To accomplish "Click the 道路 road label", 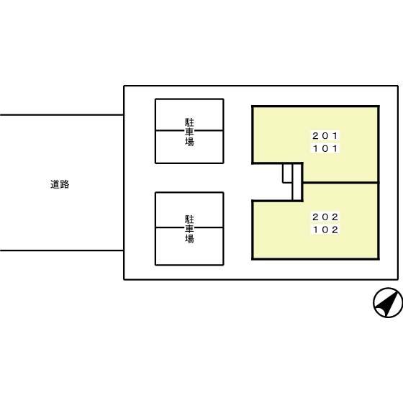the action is [x=60, y=184].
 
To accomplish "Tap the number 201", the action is [x=325, y=136].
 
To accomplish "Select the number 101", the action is [x=325, y=148].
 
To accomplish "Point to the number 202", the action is [x=325, y=217].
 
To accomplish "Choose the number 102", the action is [x=325, y=230].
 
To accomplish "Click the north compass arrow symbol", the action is [x=388, y=302].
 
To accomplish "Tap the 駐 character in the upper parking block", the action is [x=189, y=122].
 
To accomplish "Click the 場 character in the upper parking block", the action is [x=189, y=142].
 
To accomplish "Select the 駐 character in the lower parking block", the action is [x=189, y=219].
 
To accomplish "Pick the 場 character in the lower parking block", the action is [x=189, y=238].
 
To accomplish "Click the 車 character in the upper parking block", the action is [x=189, y=132].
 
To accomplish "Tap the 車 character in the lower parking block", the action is [x=189, y=229].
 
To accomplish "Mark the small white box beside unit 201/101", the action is [x=287, y=173].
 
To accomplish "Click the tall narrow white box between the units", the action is [x=297, y=181].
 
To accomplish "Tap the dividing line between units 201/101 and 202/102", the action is [x=340, y=183].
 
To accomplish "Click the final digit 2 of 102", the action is [x=335, y=230].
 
